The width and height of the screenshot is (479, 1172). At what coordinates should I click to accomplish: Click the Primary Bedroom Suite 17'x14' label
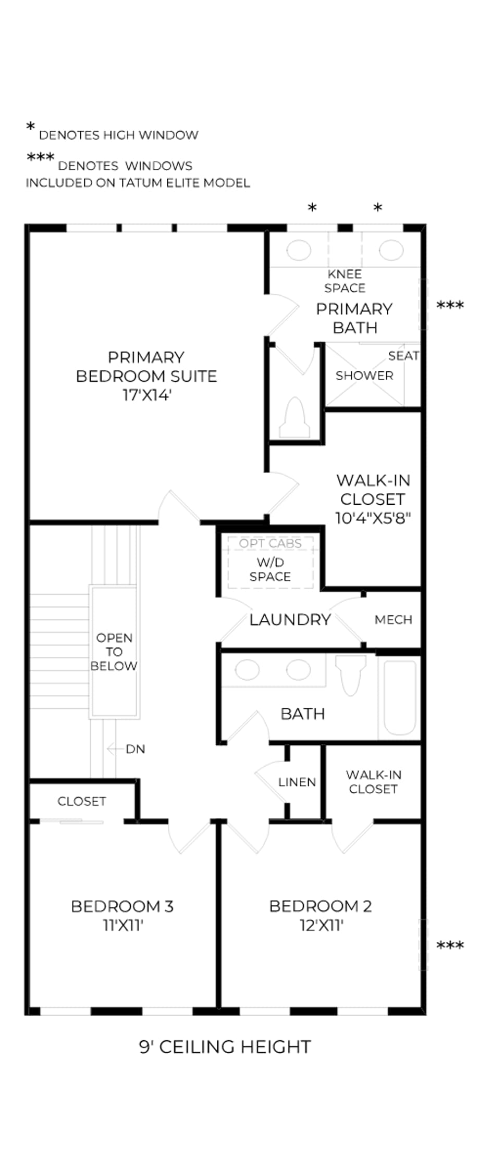click(146, 376)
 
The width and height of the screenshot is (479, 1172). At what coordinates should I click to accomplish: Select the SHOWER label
click(364, 376)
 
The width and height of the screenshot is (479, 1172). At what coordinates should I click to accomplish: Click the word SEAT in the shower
click(403, 356)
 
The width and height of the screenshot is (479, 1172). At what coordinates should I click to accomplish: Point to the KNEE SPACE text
click(345, 281)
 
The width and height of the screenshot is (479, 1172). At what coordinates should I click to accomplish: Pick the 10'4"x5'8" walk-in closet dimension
click(373, 518)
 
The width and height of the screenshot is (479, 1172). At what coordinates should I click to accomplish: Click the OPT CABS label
click(271, 543)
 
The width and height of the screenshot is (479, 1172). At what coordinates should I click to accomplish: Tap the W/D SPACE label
click(270, 569)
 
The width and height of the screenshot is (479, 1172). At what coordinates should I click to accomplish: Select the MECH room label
click(394, 619)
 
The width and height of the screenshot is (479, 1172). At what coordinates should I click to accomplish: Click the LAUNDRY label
click(290, 619)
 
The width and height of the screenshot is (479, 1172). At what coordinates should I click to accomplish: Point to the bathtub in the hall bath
click(400, 697)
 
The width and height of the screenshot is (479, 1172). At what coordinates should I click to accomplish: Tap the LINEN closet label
click(297, 782)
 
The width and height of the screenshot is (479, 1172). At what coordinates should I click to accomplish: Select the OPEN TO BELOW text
click(114, 652)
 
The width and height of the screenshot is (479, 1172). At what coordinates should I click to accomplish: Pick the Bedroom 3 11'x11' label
click(122, 915)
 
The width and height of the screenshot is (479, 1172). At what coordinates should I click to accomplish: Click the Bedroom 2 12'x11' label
click(321, 915)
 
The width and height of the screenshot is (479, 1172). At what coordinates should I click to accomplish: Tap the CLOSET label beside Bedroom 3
click(82, 801)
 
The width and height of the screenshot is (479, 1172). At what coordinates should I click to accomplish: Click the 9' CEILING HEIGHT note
click(225, 1046)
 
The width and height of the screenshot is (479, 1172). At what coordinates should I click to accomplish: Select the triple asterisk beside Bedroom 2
click(450, 945)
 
